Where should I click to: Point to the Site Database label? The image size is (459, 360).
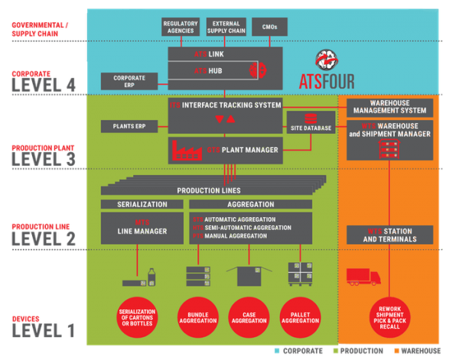click(311, 128)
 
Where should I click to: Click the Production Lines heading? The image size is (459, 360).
click(208, 190)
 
